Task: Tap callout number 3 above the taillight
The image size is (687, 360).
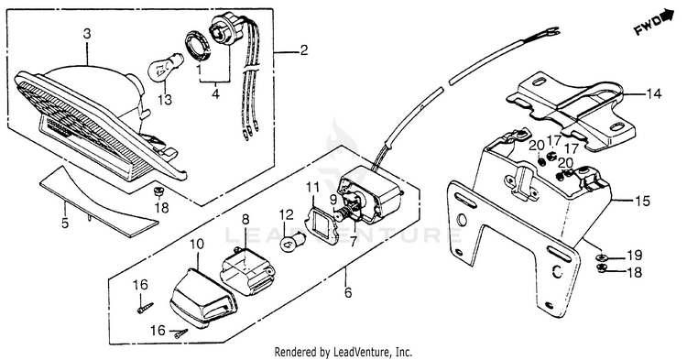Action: pyautogui.click(x=87, y=34)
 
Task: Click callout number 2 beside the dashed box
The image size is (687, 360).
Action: pyautogui.click(x=303, y=50)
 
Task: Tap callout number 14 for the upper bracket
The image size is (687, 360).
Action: pyautogui.click(x=653, y=93)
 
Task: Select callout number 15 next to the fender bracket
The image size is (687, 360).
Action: pyautogui.click(x=643, y=201)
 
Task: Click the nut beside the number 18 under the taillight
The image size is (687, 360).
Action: pyautogui.click(x=157, y=191)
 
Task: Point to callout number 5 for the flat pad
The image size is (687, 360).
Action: pyautogui.click(x=65, y=224)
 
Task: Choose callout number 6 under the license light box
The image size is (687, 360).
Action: pyautogui.click(x=348, y=292)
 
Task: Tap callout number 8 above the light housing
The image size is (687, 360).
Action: pyautogui.click(x=245, y=220)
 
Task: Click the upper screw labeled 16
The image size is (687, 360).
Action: pyautogui.click(x=145, y=307)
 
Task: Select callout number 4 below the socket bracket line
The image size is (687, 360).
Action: pyautogui.click(x=215, y=93)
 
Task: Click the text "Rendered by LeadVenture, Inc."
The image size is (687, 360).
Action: pyautogui.click(x=343, y=352)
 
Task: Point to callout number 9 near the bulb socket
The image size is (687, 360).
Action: pyautogui.click(x=333, y=201)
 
